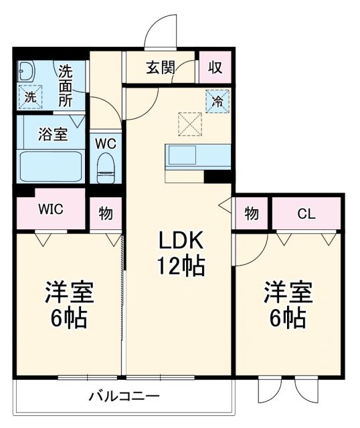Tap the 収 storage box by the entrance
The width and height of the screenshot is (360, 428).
(215, 68)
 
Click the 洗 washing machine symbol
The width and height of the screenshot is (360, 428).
(29, 96)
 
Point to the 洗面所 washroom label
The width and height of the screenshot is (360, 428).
(66, 85)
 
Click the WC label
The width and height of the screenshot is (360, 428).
(106, 143)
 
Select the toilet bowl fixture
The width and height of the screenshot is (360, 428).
(106, 168)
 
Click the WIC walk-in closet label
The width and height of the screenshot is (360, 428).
(50, 208)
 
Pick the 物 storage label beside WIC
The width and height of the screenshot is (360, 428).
(106, 213)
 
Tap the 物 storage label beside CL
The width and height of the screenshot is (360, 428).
(251, 213)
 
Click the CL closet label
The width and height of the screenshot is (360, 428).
(306, 213)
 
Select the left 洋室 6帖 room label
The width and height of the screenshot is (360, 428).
(68, 304)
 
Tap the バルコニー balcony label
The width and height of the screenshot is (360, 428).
(124, 396)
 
